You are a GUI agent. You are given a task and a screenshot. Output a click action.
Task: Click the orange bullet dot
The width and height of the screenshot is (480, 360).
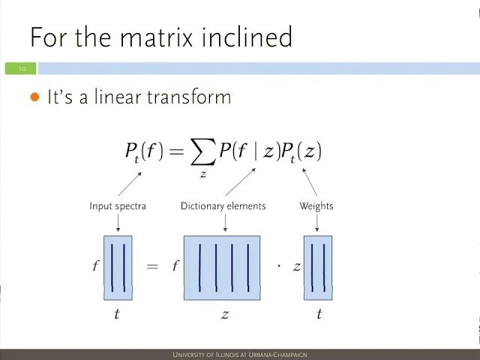[x=34, y=97]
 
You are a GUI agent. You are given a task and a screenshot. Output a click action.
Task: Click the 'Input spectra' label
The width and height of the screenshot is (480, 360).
[x=118, y=205]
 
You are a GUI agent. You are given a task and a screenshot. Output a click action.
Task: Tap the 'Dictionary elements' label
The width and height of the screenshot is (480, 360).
[x=223, y=205]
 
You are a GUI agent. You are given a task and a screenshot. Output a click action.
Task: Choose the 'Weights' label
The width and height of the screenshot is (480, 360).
[x=316, y=205]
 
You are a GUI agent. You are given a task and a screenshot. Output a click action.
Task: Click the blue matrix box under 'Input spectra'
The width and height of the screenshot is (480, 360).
[x=118, y=268]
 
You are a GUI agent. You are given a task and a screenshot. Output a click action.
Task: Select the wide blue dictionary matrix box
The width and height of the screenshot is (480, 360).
[x=222, y=268]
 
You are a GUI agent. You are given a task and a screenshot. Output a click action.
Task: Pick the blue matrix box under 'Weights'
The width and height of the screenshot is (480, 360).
[x=318, y=268]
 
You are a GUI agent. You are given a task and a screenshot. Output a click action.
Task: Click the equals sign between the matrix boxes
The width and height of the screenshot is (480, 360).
[x=152, y=266]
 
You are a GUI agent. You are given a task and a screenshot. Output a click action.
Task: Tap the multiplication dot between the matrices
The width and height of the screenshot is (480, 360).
[x=279, y=266]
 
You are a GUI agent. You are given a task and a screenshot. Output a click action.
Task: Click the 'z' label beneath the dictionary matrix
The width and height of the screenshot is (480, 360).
[x=224, y=314]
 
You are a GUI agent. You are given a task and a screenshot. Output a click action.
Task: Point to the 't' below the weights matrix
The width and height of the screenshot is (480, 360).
[x=319, y=313]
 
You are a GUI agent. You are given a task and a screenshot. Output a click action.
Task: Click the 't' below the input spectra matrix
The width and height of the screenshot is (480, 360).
[x=116, y=313]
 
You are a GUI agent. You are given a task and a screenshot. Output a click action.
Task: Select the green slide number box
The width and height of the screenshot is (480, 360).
[x=20, y=68]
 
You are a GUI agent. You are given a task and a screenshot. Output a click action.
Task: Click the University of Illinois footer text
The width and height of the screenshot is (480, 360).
[x=240, y=355]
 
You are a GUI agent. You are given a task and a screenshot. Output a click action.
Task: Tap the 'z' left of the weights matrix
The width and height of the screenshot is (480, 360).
[x=297, y=266]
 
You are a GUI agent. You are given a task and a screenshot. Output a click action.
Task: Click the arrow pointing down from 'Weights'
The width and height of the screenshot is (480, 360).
[x=316, y=222]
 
